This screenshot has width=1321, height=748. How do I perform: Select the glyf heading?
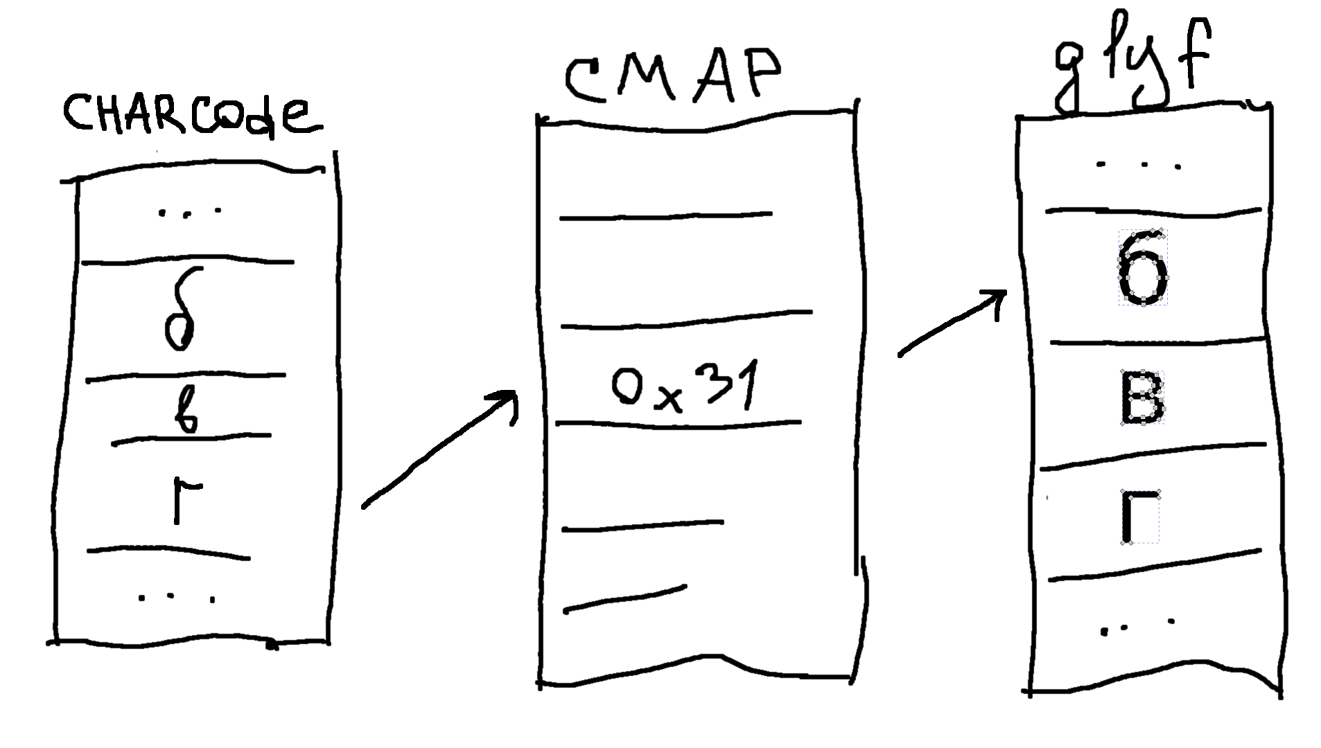pos(1132,66)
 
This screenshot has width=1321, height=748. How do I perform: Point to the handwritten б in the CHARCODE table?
pos(180,312)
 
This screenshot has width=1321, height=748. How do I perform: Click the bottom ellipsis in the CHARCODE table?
pos(177,597)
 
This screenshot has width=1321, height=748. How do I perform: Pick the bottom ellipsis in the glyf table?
pos(1136,625)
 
